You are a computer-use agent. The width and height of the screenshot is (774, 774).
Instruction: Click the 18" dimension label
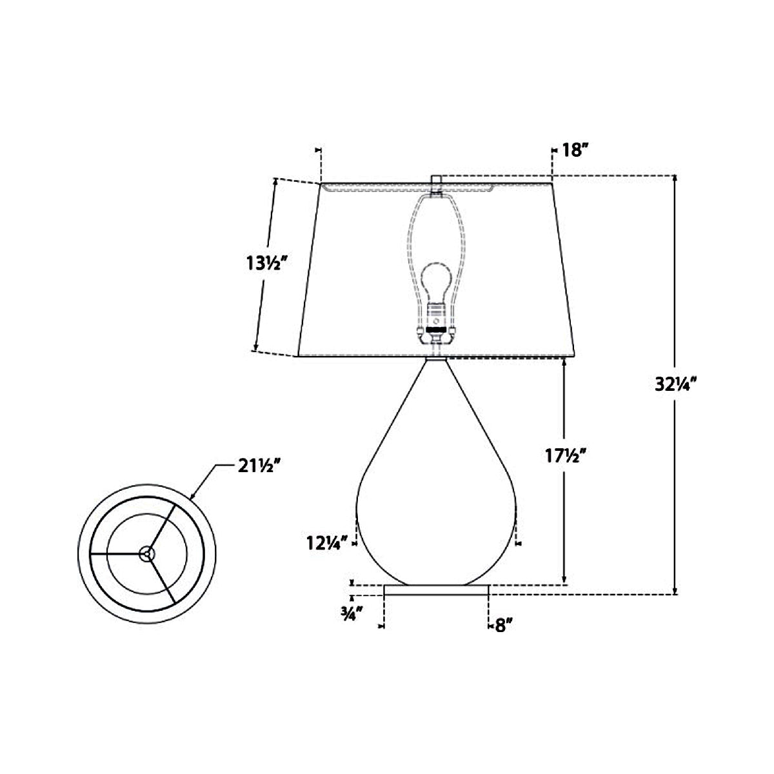[575, 151]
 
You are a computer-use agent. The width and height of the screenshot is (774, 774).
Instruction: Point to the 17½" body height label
[566, 455]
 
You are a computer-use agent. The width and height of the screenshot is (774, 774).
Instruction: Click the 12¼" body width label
[327, 543]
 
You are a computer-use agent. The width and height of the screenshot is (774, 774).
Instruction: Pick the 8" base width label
[503, 626]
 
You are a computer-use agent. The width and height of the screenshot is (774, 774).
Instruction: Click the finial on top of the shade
[437, 180]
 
